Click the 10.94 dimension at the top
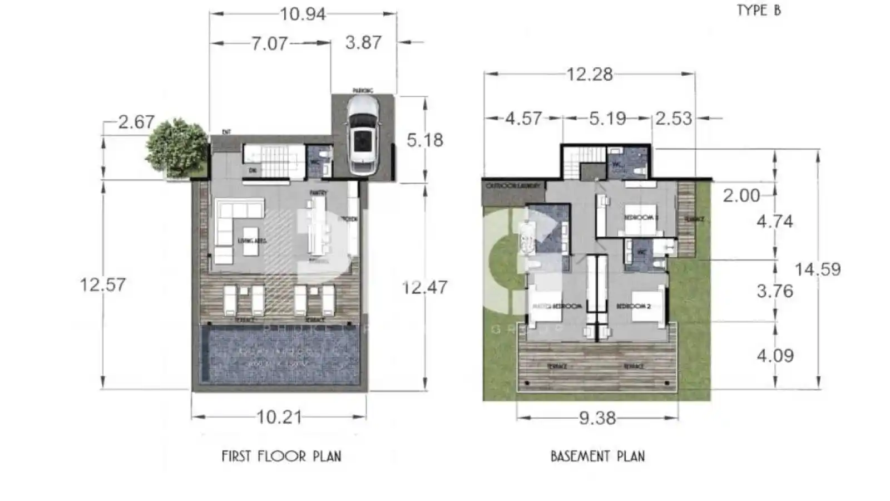[303, 14]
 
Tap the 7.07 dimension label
[269, 43]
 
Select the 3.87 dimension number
[363, 43]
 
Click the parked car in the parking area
[362, 135]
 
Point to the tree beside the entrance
[176, 146]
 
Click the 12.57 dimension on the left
[103, 285]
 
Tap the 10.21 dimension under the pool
[279, 417]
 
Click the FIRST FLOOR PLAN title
[281, 456]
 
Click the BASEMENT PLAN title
[597, 456]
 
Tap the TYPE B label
[759, 11]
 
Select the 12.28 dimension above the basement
[589, 74]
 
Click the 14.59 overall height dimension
[817, 269]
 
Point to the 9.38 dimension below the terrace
[597, 418]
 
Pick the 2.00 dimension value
[741, 195]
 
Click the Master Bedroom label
[557, 306]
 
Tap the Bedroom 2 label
[633, 306]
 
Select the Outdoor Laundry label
[513, 185]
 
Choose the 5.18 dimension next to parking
[425, 140]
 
